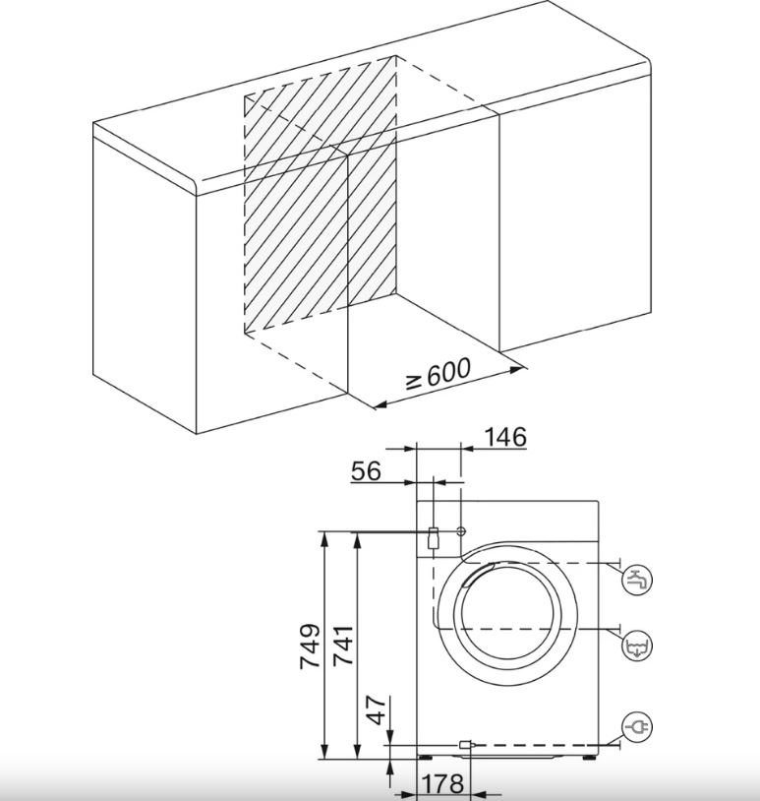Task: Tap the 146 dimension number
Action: [504, 437]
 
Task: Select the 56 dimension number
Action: [366, 471]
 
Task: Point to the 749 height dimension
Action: [310, 646]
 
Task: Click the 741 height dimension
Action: [343, 646]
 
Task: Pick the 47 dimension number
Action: [378, 710]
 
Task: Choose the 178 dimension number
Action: [442, 783]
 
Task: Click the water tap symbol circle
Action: [637, 581]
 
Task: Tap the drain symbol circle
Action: [637, 647]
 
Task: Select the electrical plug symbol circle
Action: [637, 726]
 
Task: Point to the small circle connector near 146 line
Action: [461, 531]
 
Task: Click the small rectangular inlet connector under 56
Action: [433, 537]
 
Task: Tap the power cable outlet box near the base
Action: [465, 745]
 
